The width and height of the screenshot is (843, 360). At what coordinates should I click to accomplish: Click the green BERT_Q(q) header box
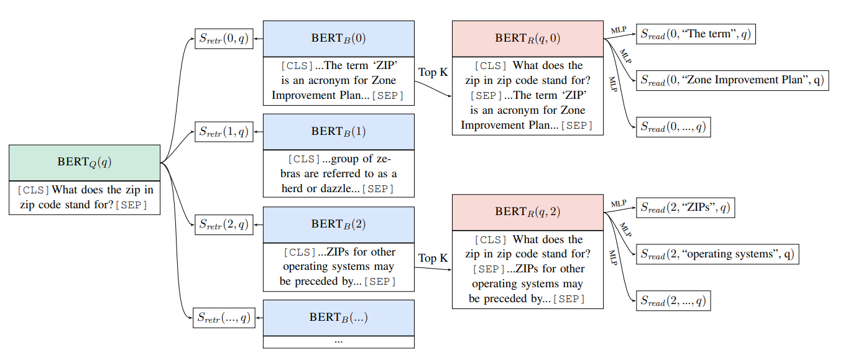(85, 162)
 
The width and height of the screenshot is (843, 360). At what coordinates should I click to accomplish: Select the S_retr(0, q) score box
(224, 39)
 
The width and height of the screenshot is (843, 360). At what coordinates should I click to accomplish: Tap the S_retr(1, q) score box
(224, 131)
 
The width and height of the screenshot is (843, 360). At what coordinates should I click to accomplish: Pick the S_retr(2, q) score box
(224, 224)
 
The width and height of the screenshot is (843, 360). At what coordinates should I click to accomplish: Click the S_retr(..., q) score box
(224, 318)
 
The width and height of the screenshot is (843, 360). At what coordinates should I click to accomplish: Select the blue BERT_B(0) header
(338, 39)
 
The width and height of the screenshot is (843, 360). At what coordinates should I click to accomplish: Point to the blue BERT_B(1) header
(338, 131)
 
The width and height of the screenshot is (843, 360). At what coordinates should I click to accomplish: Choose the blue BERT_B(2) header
(338, 224)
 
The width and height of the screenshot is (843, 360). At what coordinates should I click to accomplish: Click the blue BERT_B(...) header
(338, 318)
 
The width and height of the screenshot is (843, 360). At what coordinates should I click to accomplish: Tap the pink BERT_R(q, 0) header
(527, 39)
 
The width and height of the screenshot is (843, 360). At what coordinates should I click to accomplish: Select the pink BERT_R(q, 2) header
(527, 212)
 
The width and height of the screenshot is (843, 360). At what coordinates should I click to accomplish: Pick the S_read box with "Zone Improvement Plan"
(732, 80)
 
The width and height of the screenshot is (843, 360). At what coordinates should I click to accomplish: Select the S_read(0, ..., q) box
(673, 127)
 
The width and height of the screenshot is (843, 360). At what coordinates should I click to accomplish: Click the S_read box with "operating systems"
(716, 254)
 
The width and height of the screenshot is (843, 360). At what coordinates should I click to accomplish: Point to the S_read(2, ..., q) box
(673, 301)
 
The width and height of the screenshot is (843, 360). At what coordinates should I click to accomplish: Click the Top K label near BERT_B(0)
(433, 72)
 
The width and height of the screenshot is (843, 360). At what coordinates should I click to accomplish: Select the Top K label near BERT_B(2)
(433, 258)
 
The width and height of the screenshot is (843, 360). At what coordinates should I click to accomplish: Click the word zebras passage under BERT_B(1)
(338, 173)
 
